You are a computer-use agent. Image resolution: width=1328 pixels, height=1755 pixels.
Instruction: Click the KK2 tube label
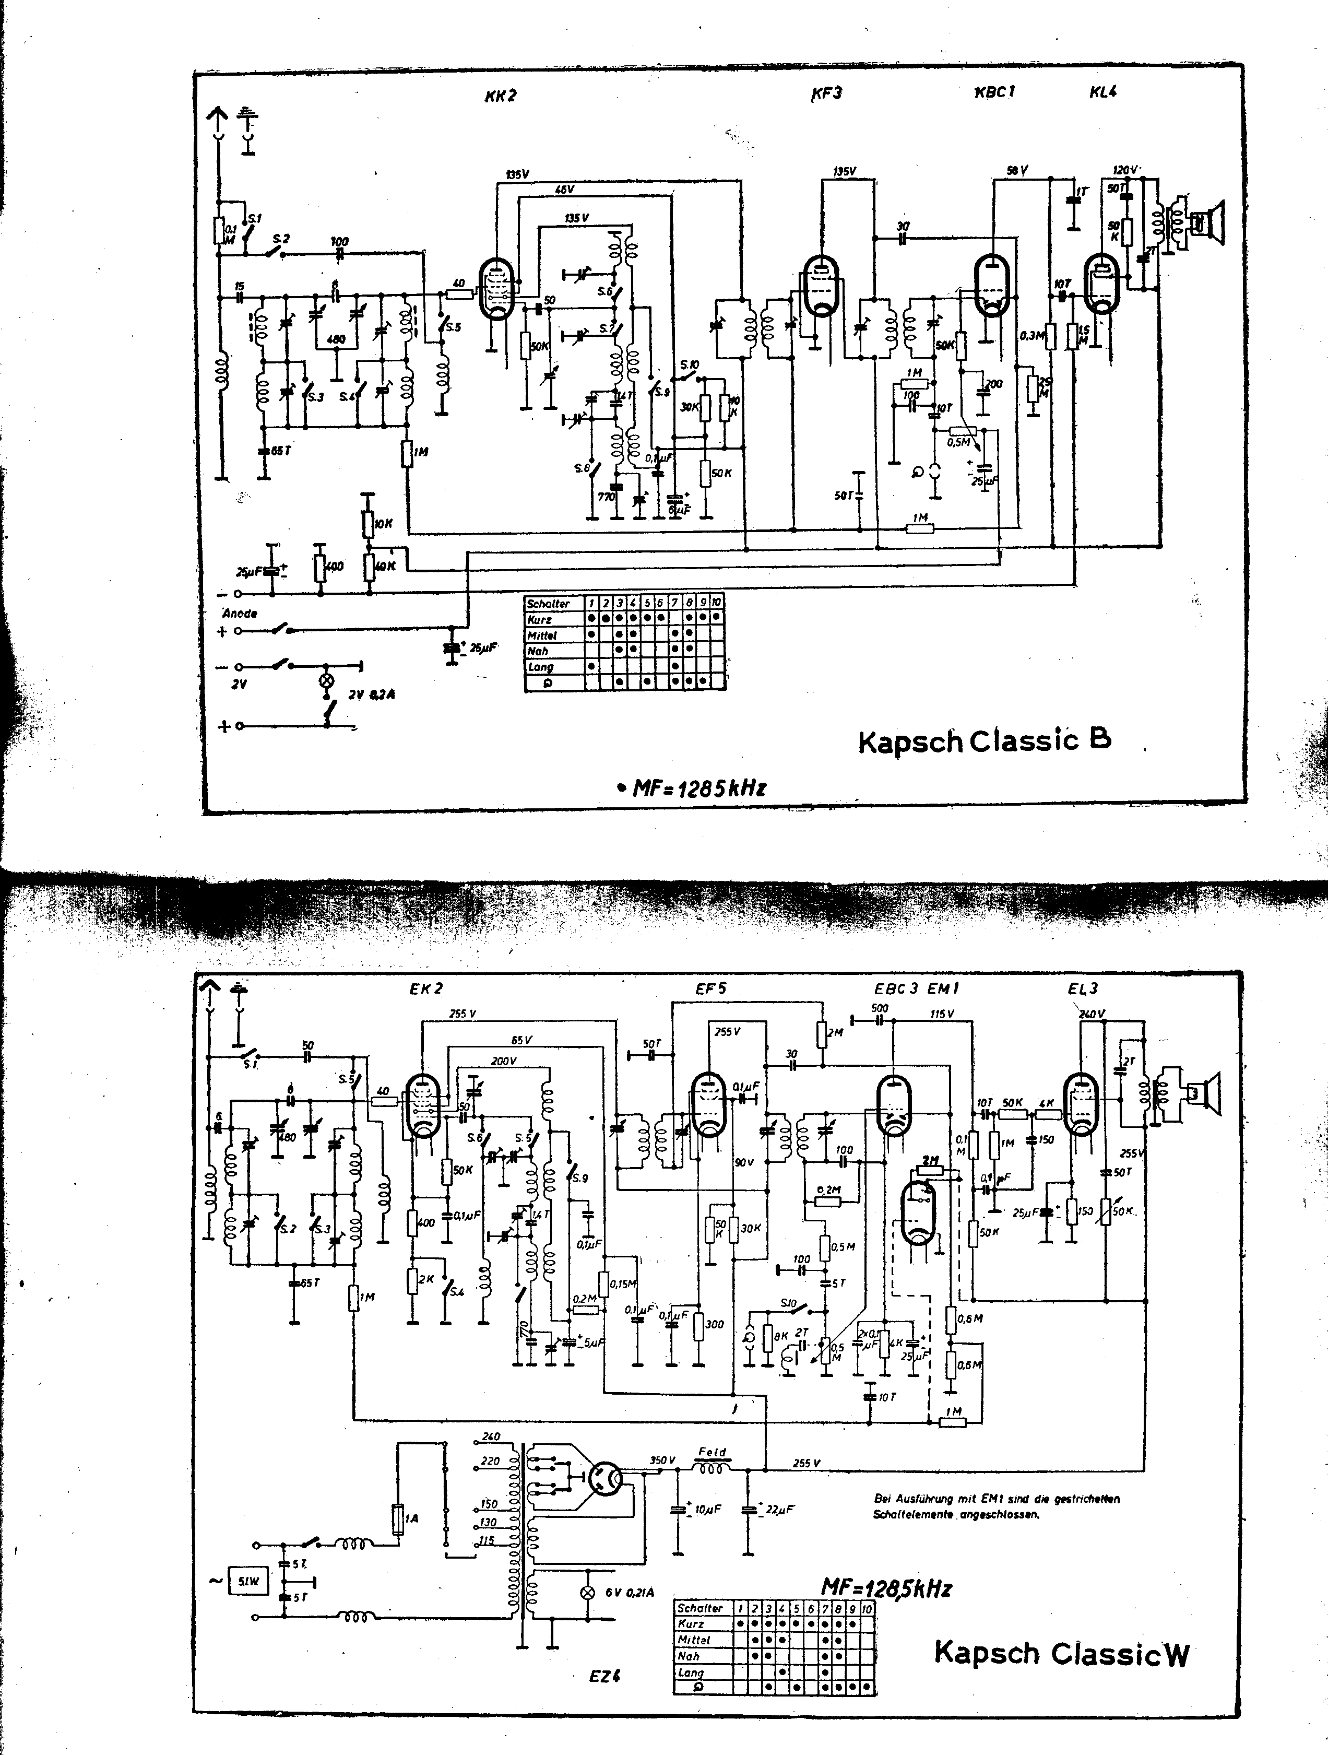pyautogui.click(x=501, y=96)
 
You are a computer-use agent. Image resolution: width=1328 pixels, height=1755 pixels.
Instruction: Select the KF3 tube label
pyautogui.click(x=826, y=93)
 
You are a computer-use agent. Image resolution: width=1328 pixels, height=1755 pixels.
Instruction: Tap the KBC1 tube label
pyautogui.click(x=995, y=92)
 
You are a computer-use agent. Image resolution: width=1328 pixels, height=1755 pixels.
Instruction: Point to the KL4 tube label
pyautogui.click(x=1104, y=92)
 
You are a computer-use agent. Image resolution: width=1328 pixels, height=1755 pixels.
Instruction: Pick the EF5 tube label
pyautogui.click(x=710, y=988)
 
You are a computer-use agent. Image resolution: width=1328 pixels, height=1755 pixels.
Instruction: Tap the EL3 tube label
pyautogui.click(x=1083, y=988)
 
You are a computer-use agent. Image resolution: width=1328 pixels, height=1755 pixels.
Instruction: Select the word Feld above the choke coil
pyautogui.click(x=712, y=1452)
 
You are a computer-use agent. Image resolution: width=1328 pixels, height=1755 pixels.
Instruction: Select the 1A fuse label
pyautogui.click(x=412, y=1518)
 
